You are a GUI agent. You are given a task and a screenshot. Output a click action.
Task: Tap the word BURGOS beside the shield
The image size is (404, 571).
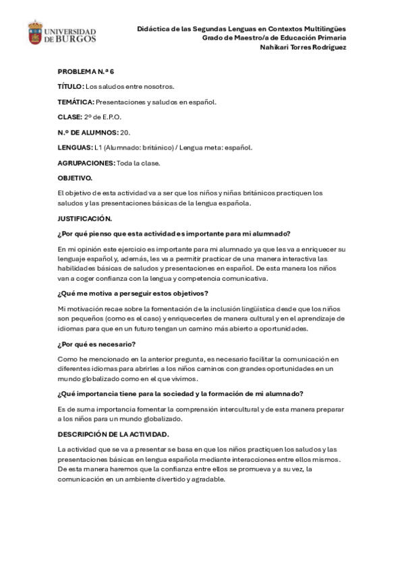click(x=75, y=39)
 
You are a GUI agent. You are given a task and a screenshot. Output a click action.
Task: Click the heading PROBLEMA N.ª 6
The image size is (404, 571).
click(x=86, y=71)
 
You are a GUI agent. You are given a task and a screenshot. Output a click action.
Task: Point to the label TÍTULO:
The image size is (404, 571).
click(x=71, y=86)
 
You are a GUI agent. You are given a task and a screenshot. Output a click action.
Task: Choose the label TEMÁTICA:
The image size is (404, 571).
click(x=76, y=102)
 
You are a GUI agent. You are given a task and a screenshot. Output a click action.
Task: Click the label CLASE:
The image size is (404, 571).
click(x=70, y=117)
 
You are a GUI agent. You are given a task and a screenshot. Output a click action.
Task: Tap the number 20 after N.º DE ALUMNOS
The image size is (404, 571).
click(x=125, y=132)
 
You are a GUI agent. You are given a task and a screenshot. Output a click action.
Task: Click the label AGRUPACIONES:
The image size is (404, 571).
click(x=86, y=163)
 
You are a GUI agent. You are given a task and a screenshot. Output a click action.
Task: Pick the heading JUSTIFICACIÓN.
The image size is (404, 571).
click(x=84, y=218)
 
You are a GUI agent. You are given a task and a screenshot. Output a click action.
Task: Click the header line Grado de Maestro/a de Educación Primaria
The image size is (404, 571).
click(x=274, y=38)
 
